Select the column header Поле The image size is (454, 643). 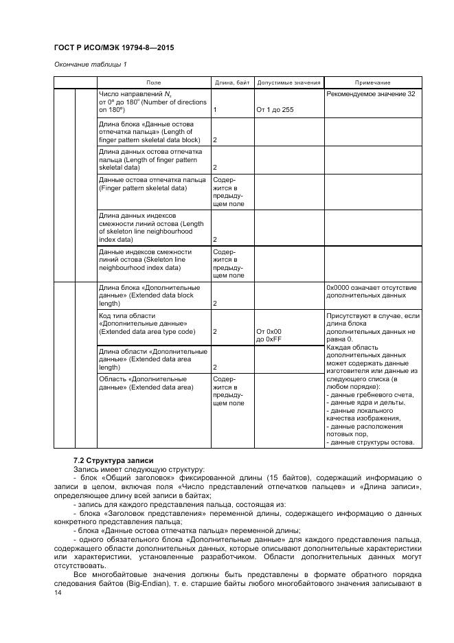click(154, 82)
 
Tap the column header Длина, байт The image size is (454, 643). click(232, 82)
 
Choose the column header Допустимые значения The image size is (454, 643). click(288, 82)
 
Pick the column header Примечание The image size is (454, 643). click(373, 82)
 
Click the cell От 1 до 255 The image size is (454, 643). click(275, 109)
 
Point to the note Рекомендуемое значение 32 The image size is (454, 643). click(371, 94)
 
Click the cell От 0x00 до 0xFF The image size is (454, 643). click(269, 335)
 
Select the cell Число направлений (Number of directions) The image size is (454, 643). click(152, 102)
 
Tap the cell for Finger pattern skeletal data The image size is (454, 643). click(152, 183)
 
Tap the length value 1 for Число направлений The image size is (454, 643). click(215, 109)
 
